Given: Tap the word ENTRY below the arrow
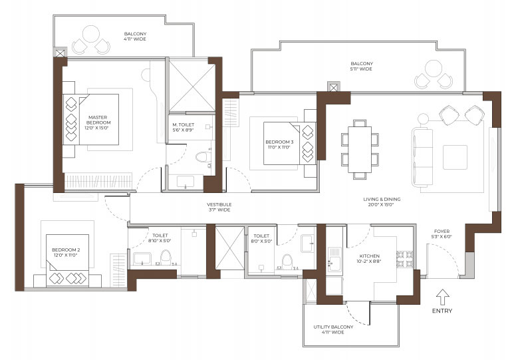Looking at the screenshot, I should (x=442, y=311).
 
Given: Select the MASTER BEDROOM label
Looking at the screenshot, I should (x=98, y=120).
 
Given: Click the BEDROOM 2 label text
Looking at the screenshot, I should (x=66, y=251).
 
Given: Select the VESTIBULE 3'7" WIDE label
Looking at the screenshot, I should (x=219, y=207).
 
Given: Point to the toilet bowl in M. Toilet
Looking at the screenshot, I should (x=203, y=157).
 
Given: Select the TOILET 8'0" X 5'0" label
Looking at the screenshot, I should (x=261, y=238).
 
